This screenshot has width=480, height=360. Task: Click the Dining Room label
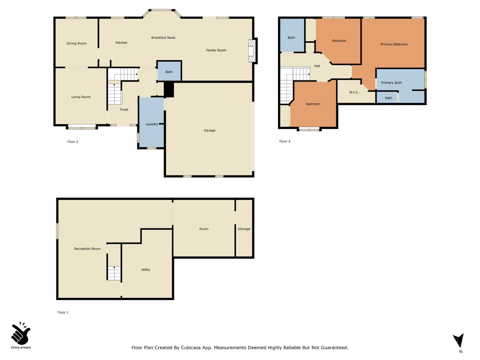click(x=76, y=44)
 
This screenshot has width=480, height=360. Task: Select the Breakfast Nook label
click(x=163, y=38)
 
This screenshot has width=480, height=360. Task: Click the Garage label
click(x=210, y=131)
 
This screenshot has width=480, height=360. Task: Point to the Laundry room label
click(x=152, y=124)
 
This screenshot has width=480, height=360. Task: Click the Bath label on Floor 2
click(x=169, y=72)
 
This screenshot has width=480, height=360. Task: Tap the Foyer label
click(x=124, y=110)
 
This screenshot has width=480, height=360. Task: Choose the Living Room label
click(x=81, y=97)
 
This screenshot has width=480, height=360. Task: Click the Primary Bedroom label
click(x=394, y=44)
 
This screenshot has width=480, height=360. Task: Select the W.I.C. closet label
click(x=354, y=92)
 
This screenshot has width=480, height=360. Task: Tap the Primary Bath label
click(x=391, y=83)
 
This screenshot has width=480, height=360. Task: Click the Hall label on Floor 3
click(x=317, y=66)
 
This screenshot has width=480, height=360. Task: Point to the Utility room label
click(x=146, y=270)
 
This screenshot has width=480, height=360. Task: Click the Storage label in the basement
click(x=244, y=229)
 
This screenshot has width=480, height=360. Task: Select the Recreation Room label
click(x=87, y=249)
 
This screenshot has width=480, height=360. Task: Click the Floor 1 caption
click(x=63, y=313)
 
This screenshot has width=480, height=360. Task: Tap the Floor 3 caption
click(x=285, y=141)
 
